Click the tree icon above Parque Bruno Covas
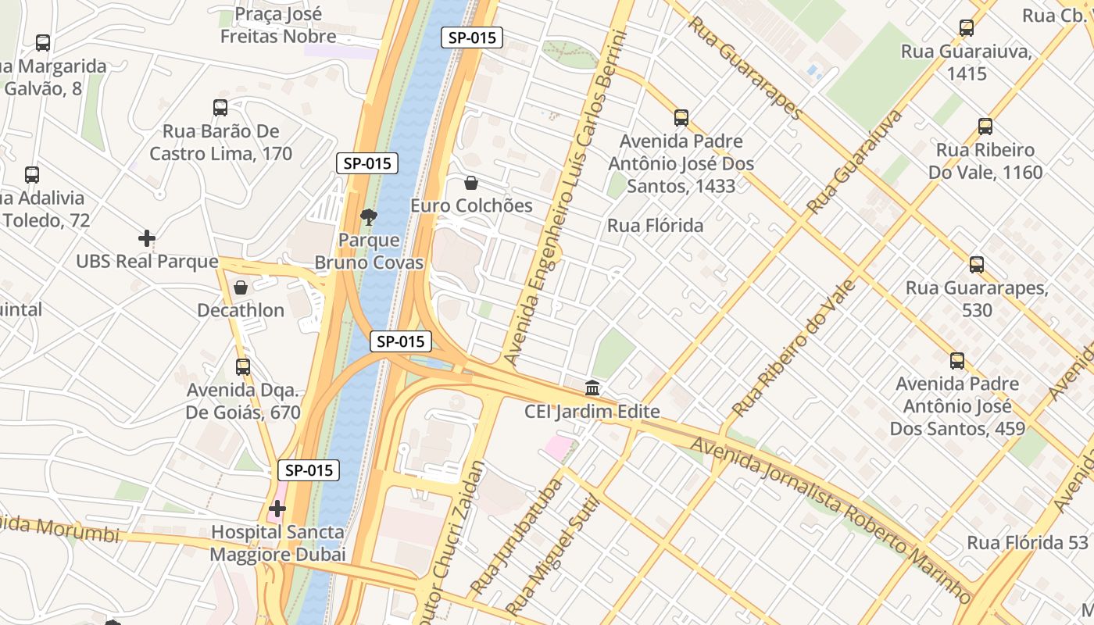[368, 216]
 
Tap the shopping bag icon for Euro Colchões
[471, 183]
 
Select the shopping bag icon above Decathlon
[241, 287]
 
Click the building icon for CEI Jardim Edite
[592, 388]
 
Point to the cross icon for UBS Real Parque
[146, 238]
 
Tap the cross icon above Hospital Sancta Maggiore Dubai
[277, 509]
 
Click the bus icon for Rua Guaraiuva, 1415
[967, 29]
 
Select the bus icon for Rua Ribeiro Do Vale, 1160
[985, 127]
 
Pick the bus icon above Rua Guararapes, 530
[977, 265]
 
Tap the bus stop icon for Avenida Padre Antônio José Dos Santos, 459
[957, 361]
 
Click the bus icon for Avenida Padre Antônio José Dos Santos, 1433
[681, 118]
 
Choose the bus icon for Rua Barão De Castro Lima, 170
[220, 108]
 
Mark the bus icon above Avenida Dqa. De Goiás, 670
[243, 366]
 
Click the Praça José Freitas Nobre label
[278, 25]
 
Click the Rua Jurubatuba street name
[517, 536]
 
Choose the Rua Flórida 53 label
[1028, 542]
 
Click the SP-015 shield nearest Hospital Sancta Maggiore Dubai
[309, 470]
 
